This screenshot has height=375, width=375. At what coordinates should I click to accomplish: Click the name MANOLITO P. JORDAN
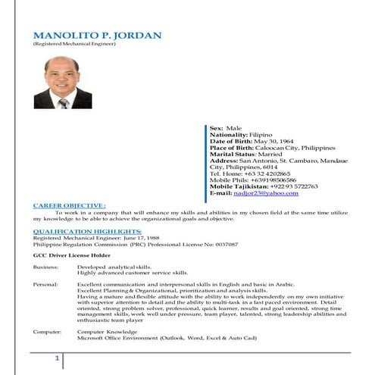pyautogui.click(x=97, y=36)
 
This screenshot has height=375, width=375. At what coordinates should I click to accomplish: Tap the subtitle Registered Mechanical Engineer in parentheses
pyautogui.click(x=73, y=45)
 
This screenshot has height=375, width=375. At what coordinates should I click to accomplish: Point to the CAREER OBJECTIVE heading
pyautogui.click(x=69, y=205)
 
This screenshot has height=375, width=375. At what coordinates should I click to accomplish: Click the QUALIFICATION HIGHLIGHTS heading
pyautogui.click(x=87, y=230)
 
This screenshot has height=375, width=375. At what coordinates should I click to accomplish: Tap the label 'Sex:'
pyautogui.click(x=217, y=129)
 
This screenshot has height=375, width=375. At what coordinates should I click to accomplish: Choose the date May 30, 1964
pyautogui.click(x=274, y=141)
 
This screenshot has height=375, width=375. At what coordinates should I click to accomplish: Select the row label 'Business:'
pyautogui.click(x=45, y=267)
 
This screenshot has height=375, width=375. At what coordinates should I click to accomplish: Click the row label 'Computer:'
pyautogui.click(x=46, y=332)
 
